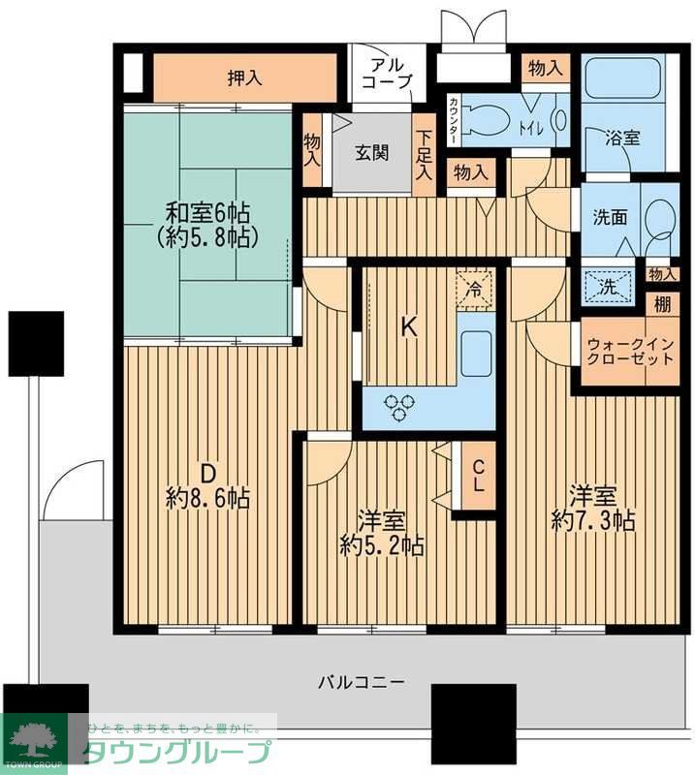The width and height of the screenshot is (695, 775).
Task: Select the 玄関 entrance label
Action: (x=371, y=152)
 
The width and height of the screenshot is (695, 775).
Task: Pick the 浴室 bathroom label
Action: (x=622, y=138)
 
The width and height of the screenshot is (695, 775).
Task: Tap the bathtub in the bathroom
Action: (x=623, y=77)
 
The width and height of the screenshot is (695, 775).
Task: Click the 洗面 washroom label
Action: (x=609, y=217)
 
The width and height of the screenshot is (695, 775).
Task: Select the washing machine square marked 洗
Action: (x=608, y=286)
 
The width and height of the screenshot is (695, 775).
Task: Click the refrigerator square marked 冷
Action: (x=475, y=287)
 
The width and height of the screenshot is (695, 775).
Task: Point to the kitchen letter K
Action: (x=409, y=327)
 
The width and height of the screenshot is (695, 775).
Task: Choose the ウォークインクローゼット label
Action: (x=629, y=350)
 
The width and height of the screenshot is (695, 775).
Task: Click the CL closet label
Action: (x=477, y=476)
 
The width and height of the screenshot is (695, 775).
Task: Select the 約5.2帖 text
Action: (x=382, y=546)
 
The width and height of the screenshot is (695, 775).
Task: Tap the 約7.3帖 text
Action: (x=592, y=521)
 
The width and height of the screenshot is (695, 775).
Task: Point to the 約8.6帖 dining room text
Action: (x=208, y=499)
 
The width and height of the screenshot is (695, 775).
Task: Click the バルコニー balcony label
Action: (x=361, y=681)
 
